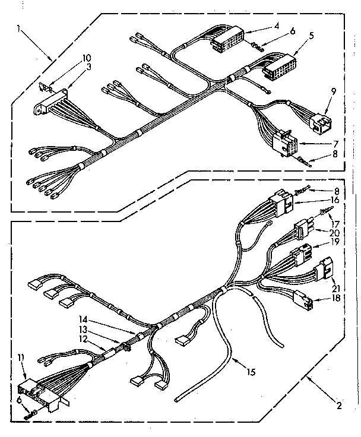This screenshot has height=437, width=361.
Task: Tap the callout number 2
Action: coord(338,407)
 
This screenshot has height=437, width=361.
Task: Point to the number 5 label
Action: coord(311,36)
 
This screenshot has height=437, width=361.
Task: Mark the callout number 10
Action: coord(87,58)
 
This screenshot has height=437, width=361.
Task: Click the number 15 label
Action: coord(252,373)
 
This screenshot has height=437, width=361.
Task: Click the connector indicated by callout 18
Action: coord(303,301)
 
